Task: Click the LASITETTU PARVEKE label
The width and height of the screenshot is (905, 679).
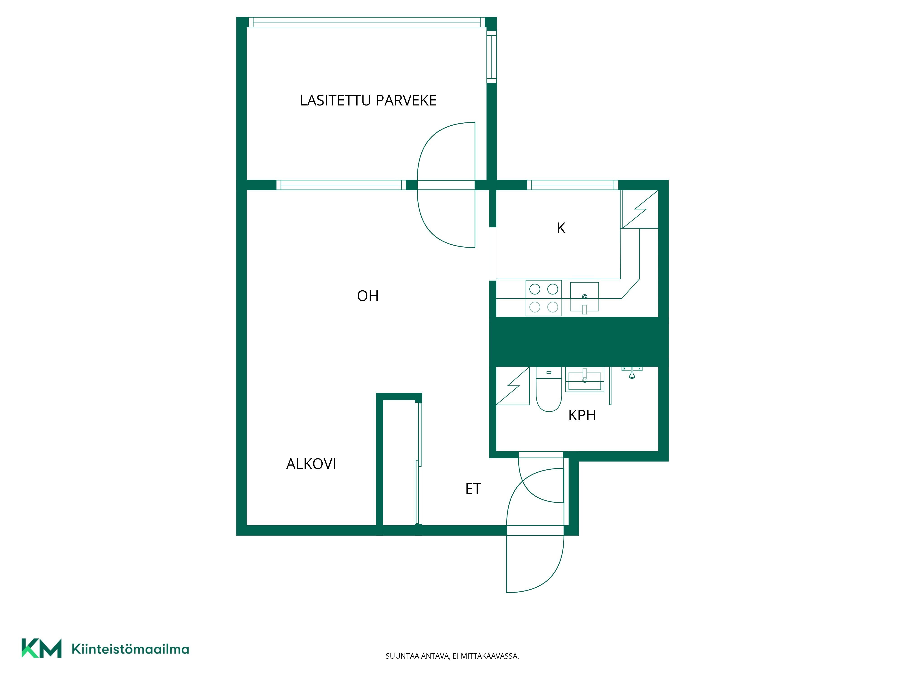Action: click(368, 100)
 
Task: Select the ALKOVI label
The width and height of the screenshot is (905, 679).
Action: click(311, 464)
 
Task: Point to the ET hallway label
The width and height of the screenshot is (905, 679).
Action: click(473, 489)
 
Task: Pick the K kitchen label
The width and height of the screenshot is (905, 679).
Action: click(561, 228)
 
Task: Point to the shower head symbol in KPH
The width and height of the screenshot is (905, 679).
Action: click(632, 373)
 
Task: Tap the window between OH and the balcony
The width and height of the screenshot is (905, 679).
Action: click(341, 185)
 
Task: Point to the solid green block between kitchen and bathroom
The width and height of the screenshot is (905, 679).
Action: click(579, 342)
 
